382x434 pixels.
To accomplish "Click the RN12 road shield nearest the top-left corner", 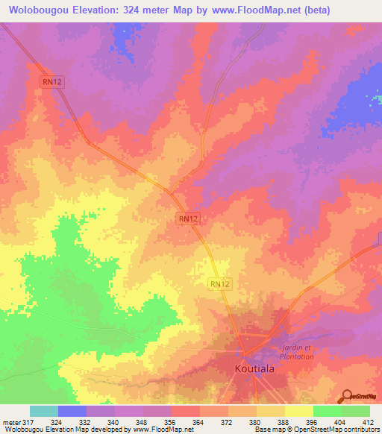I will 51,83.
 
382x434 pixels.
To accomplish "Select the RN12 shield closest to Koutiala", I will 219,283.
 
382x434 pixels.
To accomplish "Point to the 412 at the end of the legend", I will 369,423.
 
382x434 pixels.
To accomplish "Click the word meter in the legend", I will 10,423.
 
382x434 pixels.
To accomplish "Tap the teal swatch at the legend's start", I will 44,411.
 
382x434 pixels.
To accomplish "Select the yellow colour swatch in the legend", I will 299,411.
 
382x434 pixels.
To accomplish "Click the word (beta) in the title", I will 314,10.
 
